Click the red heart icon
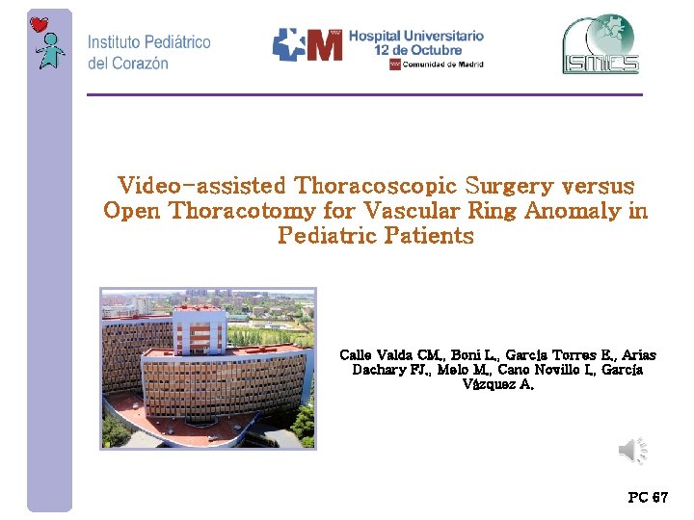point(40,24)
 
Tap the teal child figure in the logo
point(51,51)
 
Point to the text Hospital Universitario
point(415,36)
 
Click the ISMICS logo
point(601,44)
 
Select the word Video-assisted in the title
point(201,185)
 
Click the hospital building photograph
point(208,368)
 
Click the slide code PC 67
point(647,498)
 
